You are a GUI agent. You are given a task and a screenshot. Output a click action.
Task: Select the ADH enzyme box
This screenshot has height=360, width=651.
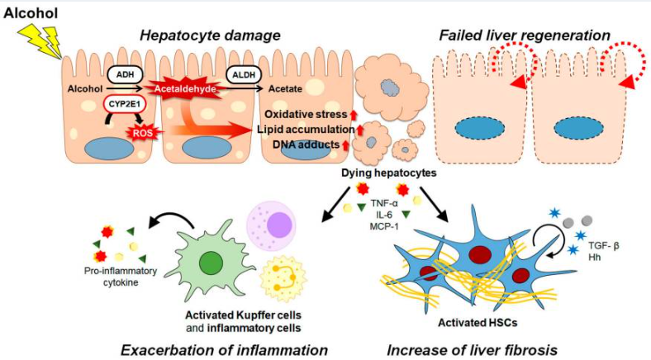(123, 72)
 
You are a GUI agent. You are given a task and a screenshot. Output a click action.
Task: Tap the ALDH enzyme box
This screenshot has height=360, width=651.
(242, 73)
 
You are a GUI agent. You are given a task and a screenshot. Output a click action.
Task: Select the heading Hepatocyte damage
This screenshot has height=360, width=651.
(210, 36)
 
